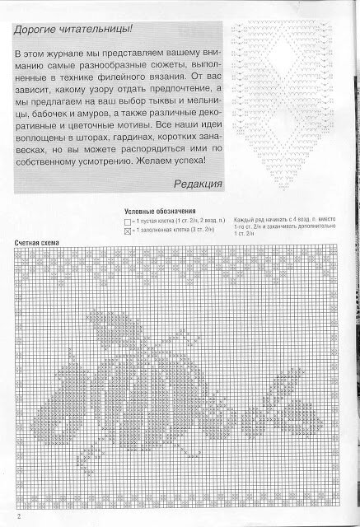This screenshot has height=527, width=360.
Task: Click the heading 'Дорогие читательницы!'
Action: pos(70,30)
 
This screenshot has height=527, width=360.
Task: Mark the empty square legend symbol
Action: pos(128,222)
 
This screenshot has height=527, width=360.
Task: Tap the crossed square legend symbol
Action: pos(128,232)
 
